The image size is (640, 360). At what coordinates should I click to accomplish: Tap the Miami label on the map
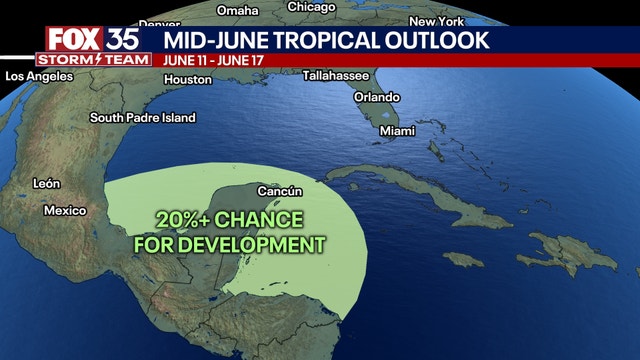397,131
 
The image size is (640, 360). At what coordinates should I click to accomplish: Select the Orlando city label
376,97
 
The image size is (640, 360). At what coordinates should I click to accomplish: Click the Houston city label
188,79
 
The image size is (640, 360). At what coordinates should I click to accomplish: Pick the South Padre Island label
142,117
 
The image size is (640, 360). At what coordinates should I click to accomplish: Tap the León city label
46,183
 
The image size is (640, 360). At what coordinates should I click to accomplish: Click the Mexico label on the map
65,211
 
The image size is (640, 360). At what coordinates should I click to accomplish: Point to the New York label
436,21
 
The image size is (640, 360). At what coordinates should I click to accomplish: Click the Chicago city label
311,7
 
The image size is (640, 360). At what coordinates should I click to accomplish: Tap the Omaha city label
237,11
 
